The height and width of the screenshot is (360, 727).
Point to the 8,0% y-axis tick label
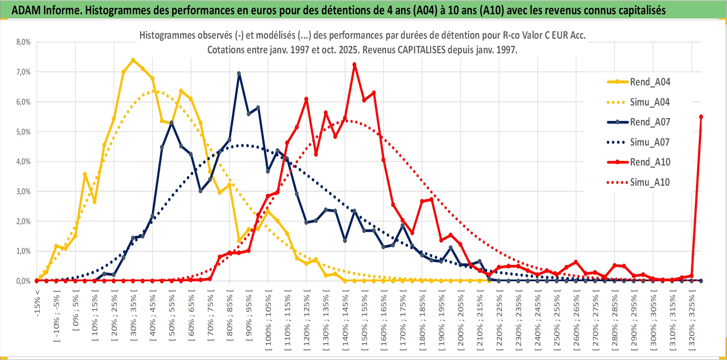[x=23, y=42]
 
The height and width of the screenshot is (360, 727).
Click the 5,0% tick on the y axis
[x=23, y=132]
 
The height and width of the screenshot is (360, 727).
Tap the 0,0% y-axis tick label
[x=23, y=281]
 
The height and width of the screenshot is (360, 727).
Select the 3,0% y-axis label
[x=23, y=191]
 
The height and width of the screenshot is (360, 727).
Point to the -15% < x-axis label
[x=37, y=303]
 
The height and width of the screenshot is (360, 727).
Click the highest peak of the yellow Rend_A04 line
[x=133, y=60]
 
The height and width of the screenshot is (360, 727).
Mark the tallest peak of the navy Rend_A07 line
[x=239, y=74]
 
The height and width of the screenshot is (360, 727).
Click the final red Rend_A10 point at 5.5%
[x=701, y=117]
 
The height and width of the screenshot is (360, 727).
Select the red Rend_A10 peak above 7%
[x=354, y=64]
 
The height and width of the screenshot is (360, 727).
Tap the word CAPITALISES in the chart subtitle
[x=421, y=50]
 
